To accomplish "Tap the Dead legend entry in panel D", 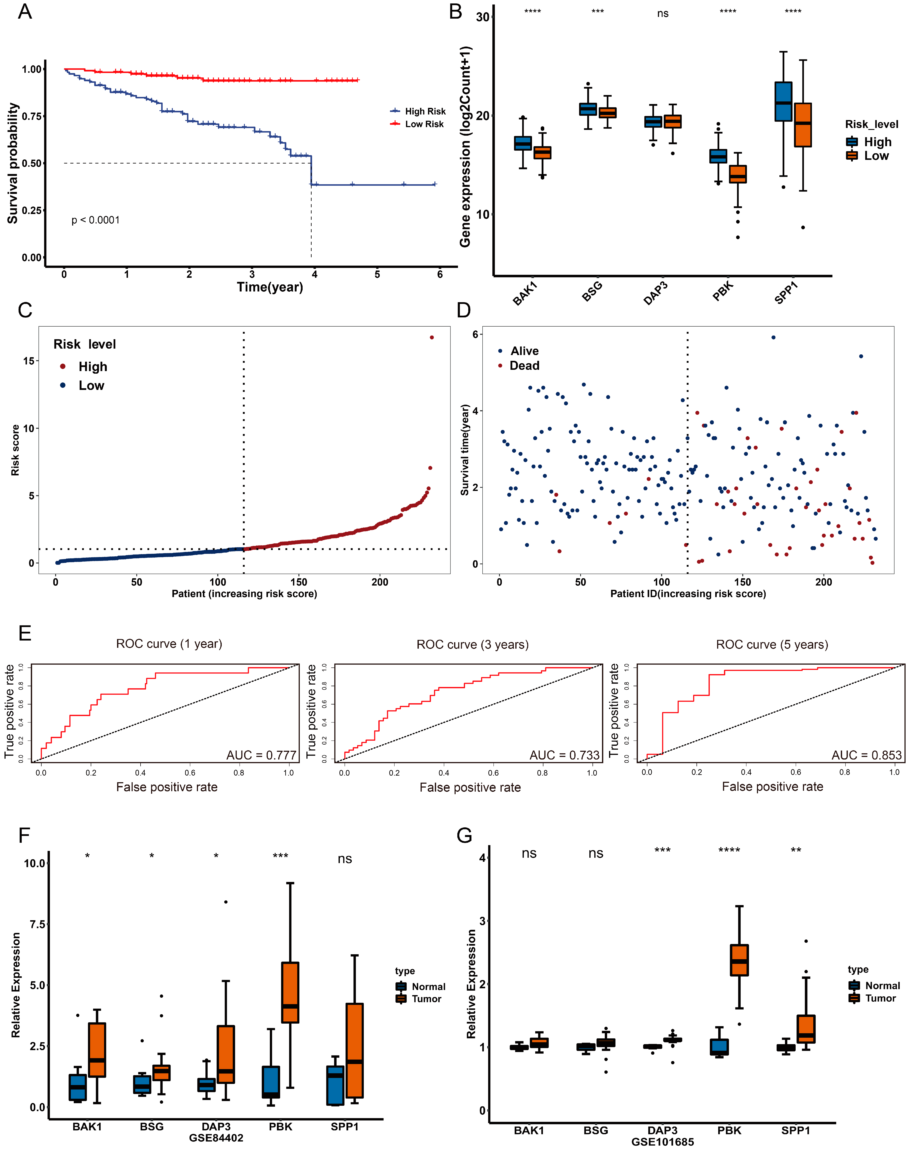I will (524, 366).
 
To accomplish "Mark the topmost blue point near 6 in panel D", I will (773, 337).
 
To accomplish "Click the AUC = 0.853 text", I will (866, 755).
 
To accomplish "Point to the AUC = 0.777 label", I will (261, 755).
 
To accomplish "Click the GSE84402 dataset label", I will (216, 1138).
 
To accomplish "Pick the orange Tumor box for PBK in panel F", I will (290, 992).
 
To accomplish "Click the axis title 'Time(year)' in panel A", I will (270, 287).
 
